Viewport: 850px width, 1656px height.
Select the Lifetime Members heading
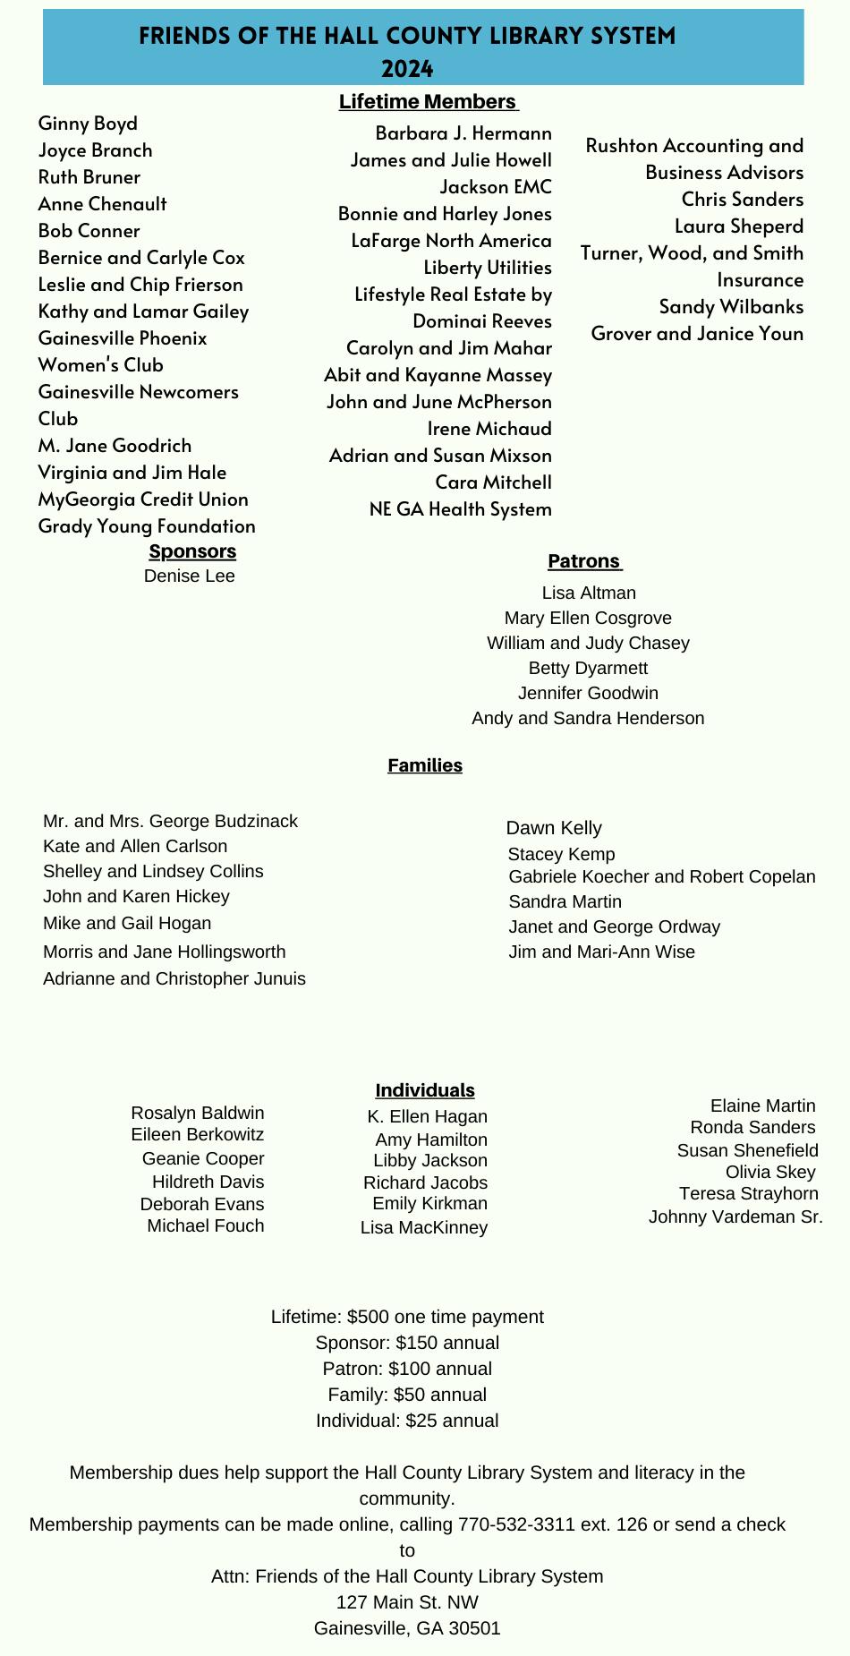pyautogui.click(x=428, y=102)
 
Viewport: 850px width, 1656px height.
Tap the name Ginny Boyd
pyautogui.click(x=88, y=124)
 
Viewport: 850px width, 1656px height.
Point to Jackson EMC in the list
pyautogui.click(x=496, y=187)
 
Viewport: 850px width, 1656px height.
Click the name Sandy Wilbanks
pyautogui.click(x=731, y=307)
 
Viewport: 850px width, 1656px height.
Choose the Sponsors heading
pyautogui.click(x=192, y=551)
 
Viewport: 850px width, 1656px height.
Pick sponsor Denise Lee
pyautogui.click(x=190, y=576)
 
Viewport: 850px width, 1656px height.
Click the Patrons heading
pyautogui.click(x=584, y=561)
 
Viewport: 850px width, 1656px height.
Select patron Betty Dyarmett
pyautogui.click(x=588, y=669)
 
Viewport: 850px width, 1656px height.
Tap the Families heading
pyautogui.click(x=425, y=765)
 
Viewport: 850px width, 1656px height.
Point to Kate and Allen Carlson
pyautogui.click(x=135, y=847)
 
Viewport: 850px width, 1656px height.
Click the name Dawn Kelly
pyautogui.click(x=554, y=828)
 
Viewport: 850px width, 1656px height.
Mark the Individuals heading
pyautogui.click(x=425, y=1090)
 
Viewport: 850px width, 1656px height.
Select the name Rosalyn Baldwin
pyautogui.click(x=198, y=1113)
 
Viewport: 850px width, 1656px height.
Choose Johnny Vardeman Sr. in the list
pyautogui.click(x=735, y=1216)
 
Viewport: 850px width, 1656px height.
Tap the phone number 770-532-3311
pyautogui.click(x=516, y=1524)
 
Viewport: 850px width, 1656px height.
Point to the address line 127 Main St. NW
pyautogui.click(x=407, y=1601)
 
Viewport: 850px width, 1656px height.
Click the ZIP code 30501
pyautogui.click(x=475, y=1628)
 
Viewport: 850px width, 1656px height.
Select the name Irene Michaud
pyautogui.click(x=489, y=429)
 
